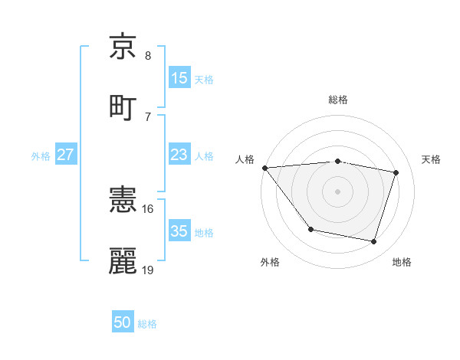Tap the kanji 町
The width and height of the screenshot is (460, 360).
123,106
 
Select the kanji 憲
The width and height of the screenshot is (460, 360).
123,201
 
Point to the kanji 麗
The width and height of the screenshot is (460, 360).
123,261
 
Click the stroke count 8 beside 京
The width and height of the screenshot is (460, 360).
148,56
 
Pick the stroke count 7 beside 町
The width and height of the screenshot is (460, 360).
148,116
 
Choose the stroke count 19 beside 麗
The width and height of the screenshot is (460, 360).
149,270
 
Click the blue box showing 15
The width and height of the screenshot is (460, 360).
179,78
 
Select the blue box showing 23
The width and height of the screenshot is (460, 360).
179,155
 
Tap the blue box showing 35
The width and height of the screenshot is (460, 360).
179,231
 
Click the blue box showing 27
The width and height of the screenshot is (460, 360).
65,155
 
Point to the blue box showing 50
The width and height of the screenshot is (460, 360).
123,322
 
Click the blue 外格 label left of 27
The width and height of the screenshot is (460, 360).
41,156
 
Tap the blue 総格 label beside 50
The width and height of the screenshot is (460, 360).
147,324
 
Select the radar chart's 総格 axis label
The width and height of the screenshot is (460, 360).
338,100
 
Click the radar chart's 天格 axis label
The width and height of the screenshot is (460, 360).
431,159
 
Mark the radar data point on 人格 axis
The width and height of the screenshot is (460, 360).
264,168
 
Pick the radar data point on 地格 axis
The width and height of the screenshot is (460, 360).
374,242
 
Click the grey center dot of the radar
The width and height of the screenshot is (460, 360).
338,191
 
